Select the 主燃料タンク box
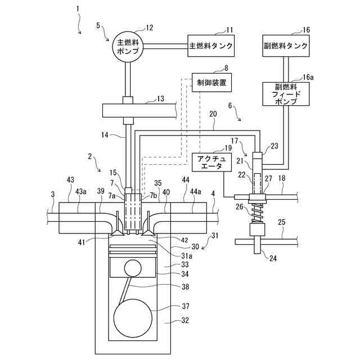point(211,46)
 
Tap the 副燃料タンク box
point(286,46)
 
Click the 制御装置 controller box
point(211,83)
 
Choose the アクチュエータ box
point(208,162)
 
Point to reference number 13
point(161,99)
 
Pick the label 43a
point(82,192)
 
